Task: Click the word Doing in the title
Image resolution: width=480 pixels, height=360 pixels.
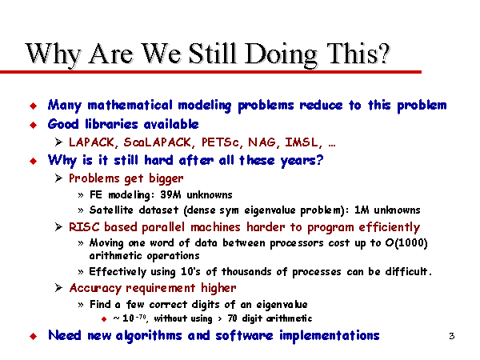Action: (281, 54)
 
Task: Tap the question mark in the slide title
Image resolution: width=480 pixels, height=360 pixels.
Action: (382, 53)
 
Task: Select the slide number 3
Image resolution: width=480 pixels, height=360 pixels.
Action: (452, 336)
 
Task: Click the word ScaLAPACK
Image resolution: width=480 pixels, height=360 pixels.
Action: (158, 142)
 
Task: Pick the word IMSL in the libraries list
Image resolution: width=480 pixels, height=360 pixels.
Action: (303, 142)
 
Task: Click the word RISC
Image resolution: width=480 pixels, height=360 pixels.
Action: (84, 227)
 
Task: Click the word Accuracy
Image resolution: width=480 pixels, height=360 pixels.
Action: (95, 288)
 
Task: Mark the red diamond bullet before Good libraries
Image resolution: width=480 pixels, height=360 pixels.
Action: (34, 125)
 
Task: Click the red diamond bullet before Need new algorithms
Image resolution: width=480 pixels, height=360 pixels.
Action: (34, 336)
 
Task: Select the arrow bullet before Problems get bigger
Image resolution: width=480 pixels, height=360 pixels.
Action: (58, 178)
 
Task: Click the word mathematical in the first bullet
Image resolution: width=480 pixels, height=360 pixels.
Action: (130, 106)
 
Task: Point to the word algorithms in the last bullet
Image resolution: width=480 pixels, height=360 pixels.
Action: (149, 336)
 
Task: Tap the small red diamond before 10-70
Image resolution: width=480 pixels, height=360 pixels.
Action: (104, 319)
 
